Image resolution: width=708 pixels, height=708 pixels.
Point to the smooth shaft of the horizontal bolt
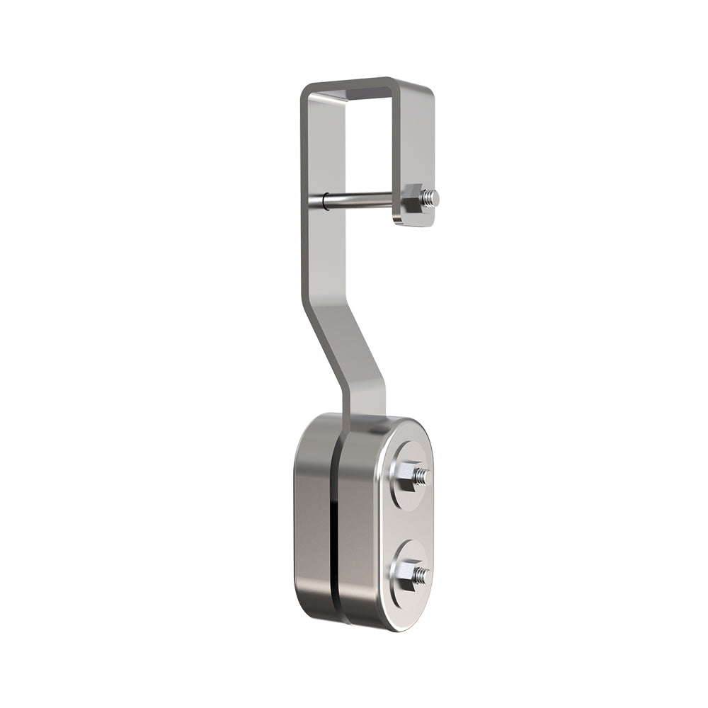tap(361, 200)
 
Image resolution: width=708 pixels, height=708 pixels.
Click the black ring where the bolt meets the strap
tap(325, 201)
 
